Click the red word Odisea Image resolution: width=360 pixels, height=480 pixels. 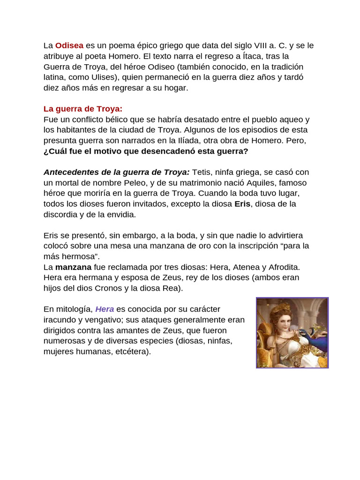69,45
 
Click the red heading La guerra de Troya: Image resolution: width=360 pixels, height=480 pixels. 83,109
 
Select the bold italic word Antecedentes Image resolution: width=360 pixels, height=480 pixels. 71,172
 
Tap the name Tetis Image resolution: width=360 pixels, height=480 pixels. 202,172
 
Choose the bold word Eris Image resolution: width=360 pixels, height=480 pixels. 242,204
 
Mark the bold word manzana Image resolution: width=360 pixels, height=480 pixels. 74,267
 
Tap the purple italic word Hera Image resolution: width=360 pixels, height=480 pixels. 105,309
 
